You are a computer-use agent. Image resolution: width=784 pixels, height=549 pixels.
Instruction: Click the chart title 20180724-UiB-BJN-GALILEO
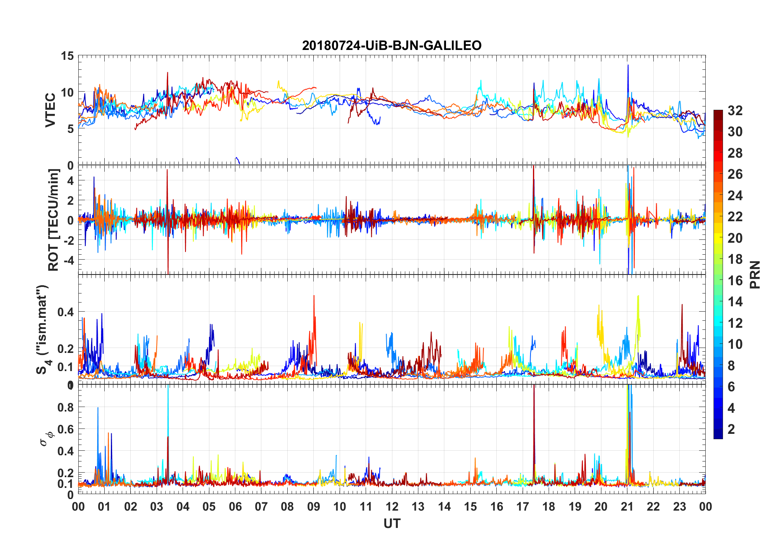pyautogui.click(x=392, y=45)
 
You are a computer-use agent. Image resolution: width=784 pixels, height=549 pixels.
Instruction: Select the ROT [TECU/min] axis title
pyautogui.click(x=54, y=220)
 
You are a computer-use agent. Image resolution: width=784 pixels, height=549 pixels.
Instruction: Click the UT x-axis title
pyautogui.click(x=392, y=524)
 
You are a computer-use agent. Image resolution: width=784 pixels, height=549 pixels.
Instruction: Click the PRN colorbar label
pyautogui.click(x=755, y=274)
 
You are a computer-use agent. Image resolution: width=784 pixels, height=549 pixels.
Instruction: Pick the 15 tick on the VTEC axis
pyautogui.click(x=67, y=56)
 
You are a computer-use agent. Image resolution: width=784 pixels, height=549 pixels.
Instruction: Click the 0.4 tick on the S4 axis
pyautogui.click(x=66, y=312)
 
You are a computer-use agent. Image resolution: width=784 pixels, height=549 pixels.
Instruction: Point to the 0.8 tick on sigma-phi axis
pyautogui.click(x=66, y=407)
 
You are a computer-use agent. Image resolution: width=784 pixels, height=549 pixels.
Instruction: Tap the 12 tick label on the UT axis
pyautogui.click(x=392, y=506)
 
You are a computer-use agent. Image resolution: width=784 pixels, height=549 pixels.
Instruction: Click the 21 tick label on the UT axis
pyautogui.click(x=627, y=506)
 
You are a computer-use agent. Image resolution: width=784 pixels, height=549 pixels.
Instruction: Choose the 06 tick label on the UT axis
pyautogui.click(x=235, y=506)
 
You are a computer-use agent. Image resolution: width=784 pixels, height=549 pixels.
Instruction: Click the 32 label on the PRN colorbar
pyautogui.click(x=735, y=111)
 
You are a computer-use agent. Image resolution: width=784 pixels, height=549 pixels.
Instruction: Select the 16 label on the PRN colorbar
pyautogui.click(x=735, y=281)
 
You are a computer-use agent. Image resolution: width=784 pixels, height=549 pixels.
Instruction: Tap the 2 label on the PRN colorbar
pyautogui.click(x=731, y=429)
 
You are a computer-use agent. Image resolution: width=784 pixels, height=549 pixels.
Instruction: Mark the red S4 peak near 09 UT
pyautogui.click(x=314, y=296)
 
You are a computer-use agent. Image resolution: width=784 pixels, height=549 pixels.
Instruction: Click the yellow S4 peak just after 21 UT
pyautogui.click(x=638, y=296)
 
